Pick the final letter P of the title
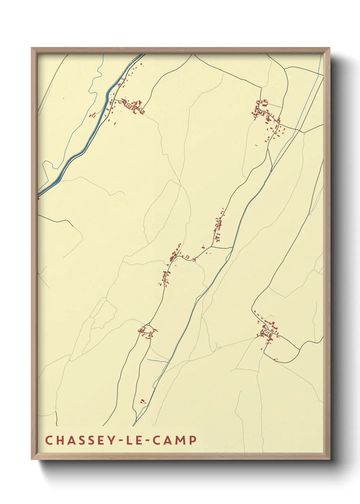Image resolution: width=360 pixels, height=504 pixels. coord(193,440)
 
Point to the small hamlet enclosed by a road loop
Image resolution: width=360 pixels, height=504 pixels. coord(147,331)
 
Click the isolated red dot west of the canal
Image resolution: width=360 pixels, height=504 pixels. coord(63,98)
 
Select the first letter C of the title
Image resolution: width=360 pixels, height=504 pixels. coord(48,440)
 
